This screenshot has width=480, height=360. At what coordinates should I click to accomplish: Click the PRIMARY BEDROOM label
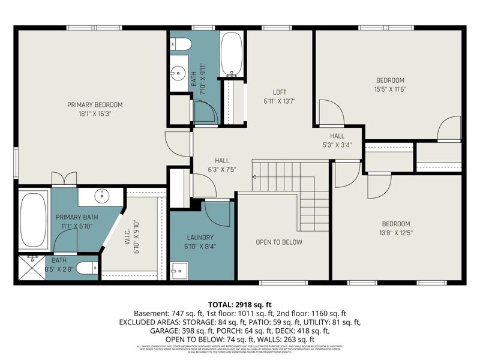(x=95, y=104)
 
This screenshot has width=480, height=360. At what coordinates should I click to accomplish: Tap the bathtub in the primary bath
(x=34, y=220)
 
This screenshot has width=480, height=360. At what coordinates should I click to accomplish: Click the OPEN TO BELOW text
(x=279, y=242)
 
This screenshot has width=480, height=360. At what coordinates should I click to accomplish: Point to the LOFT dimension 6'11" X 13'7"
(x=280, y=101)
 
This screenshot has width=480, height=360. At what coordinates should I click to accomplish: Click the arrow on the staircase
(x=255, y=177)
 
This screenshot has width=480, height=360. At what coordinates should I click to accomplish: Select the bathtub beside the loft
(x=231, y=53)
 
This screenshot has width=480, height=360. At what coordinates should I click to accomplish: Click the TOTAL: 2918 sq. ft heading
(x=240, y=304)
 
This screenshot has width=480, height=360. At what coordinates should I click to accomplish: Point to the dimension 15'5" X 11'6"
(x=390, y=89)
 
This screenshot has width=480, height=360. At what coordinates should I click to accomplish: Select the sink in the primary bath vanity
(x=101, y=195)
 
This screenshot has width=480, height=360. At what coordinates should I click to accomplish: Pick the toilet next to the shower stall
(x=87, y=268)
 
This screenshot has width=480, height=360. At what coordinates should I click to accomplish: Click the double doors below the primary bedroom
(x=64, y=178)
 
